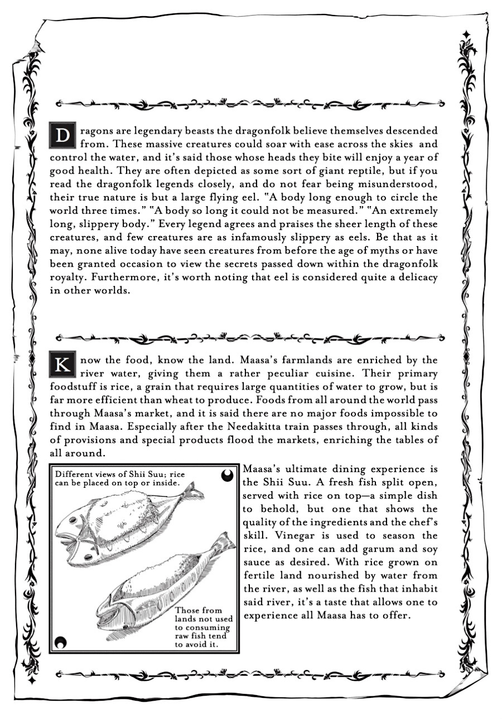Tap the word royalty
tap(69, 277)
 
